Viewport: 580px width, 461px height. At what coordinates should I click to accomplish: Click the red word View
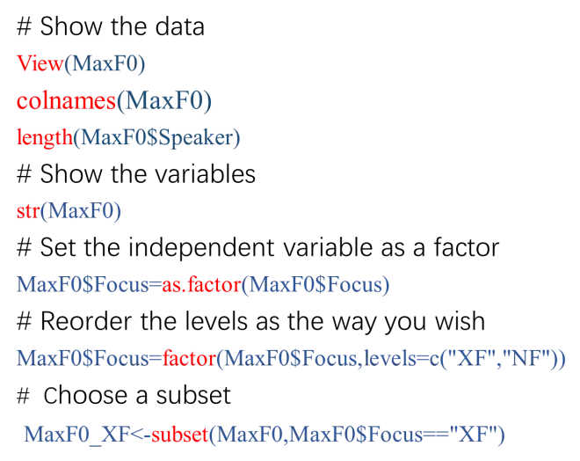point(40,64)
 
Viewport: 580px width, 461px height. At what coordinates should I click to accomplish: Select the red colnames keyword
point(65,101)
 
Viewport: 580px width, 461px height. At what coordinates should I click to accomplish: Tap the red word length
point(44,138)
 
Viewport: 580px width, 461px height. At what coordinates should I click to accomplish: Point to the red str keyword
point(28,211)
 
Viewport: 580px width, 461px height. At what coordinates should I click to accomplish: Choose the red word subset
point(182,434)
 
